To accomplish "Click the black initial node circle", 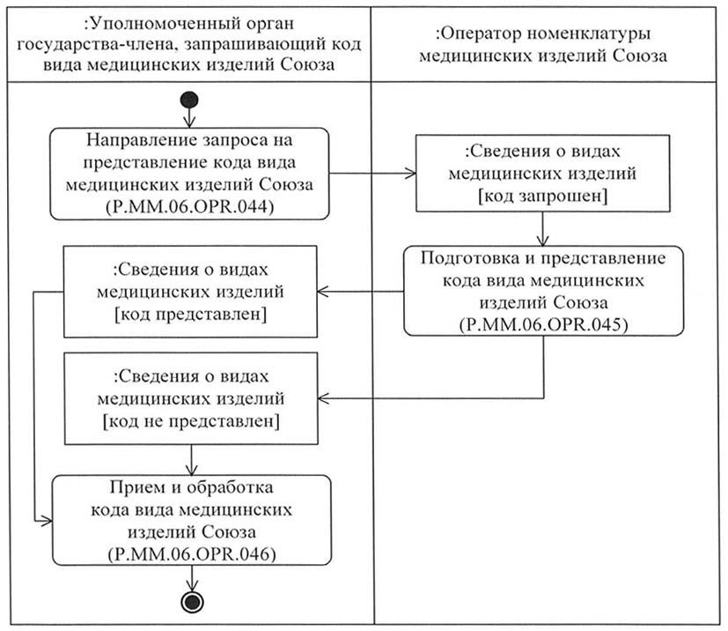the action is coord(189,100).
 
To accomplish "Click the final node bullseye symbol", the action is coord(192,602).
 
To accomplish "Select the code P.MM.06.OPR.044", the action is coord(190,206).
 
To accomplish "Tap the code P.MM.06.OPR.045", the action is coord(544,324).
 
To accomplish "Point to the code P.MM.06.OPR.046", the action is coord(192,554).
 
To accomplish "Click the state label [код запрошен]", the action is coord(543,196).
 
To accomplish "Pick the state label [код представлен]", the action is coord(191,315).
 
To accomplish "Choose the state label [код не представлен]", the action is coord(191,421).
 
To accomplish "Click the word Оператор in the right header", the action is coord(480,33).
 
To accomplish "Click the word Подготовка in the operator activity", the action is coord(470,258).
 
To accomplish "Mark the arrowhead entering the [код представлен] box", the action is coord(323,292).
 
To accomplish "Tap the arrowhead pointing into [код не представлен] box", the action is coord(324,398).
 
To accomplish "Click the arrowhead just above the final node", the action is coord(192,585).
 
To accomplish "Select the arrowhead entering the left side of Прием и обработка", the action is coord(47,522).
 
